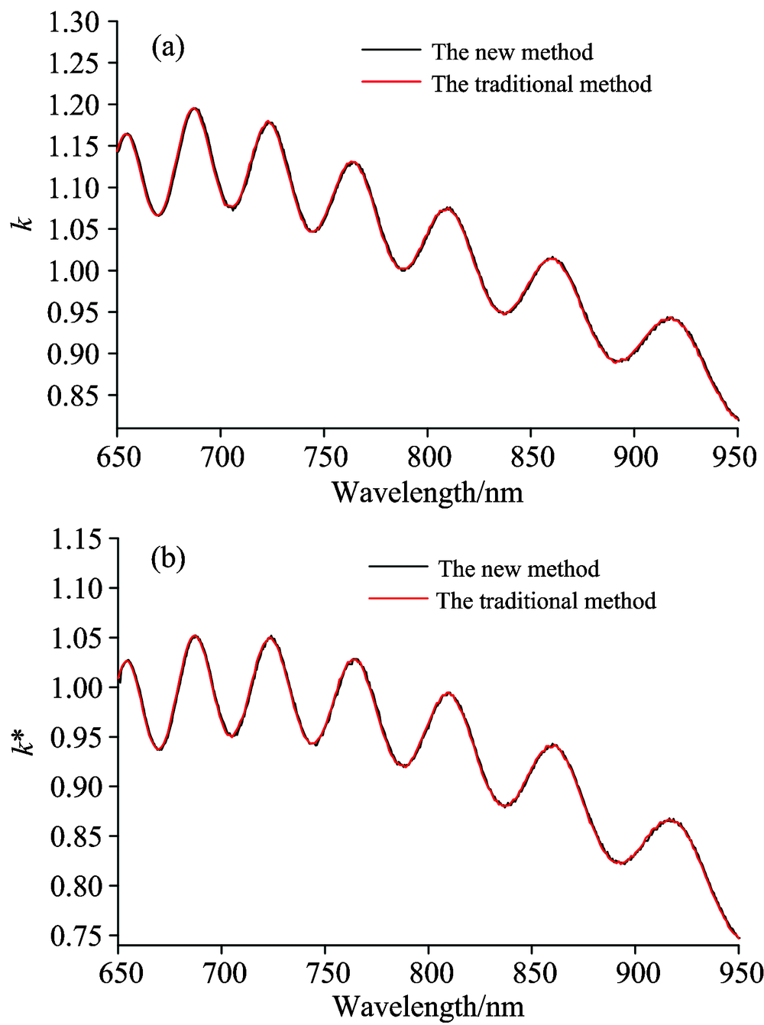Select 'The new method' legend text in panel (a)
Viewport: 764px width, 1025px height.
[x=512, y=52]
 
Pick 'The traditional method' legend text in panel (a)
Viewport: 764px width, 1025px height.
[x=542, y=83]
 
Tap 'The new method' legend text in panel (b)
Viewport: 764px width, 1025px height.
[x=519, y=569]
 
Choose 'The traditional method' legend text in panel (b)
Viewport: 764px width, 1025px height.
[x=546, y=600]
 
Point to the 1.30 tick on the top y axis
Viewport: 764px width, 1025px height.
[x=74, y=21]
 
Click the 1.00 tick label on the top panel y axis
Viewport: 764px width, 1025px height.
[x=74, y=270]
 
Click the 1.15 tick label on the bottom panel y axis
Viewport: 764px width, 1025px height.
[x=74, y=539]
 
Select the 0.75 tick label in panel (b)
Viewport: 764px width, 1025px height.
[x=74, y=936]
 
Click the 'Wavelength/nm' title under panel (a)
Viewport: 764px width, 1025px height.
[x=427, y=493]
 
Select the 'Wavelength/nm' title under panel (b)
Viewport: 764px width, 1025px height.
[x=428, y=1007]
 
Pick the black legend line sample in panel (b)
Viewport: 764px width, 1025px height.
[x=397, y=567]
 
